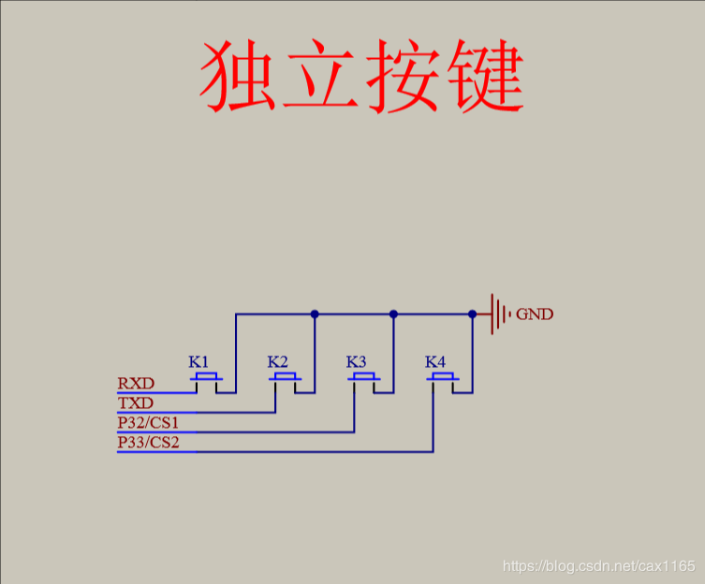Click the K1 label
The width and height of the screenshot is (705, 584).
[198, 362]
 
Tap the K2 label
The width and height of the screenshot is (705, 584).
[277, 362]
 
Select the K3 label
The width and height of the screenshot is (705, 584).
[356, 362]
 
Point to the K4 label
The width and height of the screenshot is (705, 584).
[435, 362]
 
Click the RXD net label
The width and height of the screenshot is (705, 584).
[136, 384]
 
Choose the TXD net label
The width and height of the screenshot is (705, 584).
[136, 402]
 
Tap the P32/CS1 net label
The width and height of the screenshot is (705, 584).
[148, 423]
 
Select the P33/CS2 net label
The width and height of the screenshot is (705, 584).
[148, 443]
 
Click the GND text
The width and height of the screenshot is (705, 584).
[535, 314]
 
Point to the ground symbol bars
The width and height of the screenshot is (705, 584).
[500, 314]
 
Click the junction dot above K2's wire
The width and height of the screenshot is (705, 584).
[315, 314]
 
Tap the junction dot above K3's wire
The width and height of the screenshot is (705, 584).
[393, 314]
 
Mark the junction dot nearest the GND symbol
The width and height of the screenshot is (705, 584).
[472, 314]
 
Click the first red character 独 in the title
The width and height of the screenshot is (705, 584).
[238, 76]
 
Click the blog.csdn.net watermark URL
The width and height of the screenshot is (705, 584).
[599, 565]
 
